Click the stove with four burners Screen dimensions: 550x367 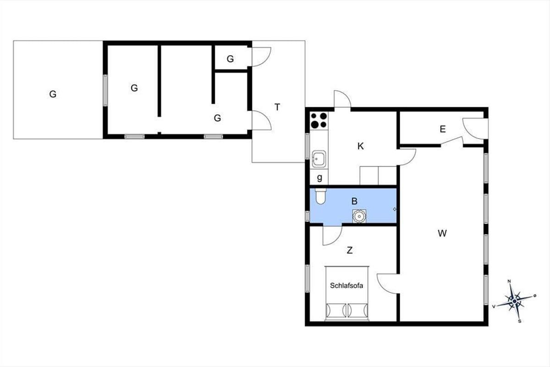319,121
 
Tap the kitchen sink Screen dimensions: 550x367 319,159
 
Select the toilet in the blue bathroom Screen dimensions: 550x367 320,196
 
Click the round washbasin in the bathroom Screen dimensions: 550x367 359,216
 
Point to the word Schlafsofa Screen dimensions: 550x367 346,285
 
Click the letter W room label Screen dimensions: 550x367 442,234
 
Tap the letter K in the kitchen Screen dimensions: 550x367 360,146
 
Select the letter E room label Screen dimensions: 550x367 442,129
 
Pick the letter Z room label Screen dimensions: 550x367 350,250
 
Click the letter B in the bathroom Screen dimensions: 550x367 354,201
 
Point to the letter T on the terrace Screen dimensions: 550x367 277,107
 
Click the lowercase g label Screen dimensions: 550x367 319,178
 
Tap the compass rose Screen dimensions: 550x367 515,301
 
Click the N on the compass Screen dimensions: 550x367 509,281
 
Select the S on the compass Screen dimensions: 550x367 520,321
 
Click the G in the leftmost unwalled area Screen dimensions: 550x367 53,94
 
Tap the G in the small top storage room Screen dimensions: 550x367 230,59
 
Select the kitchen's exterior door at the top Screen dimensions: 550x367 342,99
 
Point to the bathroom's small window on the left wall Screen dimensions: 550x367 307,216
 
